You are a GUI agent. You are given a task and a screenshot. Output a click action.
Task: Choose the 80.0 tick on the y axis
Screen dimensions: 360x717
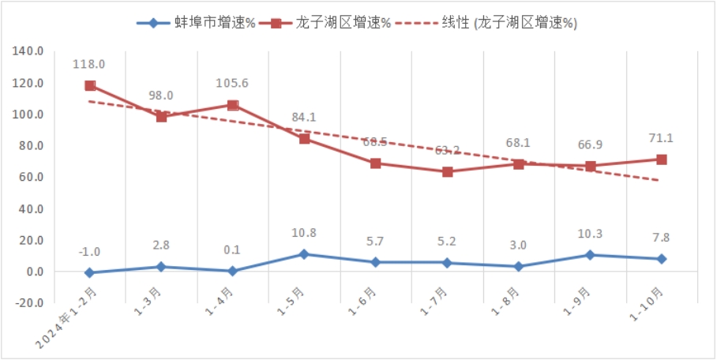click(x=30, y=146)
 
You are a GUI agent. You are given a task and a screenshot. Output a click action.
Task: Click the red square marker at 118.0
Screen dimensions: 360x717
click(x=90, y=86)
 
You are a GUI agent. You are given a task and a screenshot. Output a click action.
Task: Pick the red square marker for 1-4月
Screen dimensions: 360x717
click(x=233, y=105)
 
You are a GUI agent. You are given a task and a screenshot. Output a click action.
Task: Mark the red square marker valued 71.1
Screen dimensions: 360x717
click(x=662, y=159)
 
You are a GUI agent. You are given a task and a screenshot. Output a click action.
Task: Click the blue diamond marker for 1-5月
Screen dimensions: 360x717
click(x=304, y=254)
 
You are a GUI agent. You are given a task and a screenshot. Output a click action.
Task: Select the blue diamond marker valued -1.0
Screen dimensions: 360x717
click(x=90, y=272)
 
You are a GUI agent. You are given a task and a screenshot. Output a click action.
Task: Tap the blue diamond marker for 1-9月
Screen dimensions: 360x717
click(x=590, y=255)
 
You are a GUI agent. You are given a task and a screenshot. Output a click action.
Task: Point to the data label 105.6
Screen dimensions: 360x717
click(x=232, y=83)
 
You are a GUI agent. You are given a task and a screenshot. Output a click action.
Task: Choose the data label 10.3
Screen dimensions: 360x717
click(x=590, y=236)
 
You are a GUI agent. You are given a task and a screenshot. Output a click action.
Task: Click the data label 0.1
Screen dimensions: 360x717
click(x=232, y=250)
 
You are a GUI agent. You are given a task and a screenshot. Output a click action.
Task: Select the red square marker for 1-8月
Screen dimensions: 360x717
click(x=519, y=164)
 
